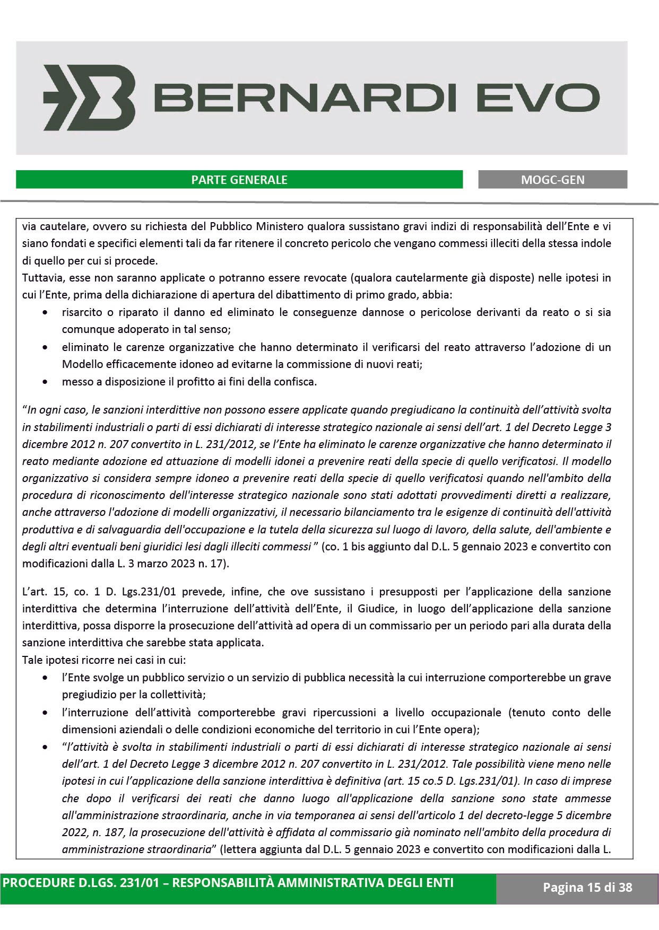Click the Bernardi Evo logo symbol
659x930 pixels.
88,98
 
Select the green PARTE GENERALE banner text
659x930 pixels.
239,180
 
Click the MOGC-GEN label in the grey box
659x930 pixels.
552,180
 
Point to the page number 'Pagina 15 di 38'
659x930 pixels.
587,887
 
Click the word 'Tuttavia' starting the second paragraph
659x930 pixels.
39,278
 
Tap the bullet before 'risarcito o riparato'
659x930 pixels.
47,313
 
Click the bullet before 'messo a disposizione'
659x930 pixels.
47,382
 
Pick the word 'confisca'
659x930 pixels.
297,382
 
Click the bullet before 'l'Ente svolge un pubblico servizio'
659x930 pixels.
47,678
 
